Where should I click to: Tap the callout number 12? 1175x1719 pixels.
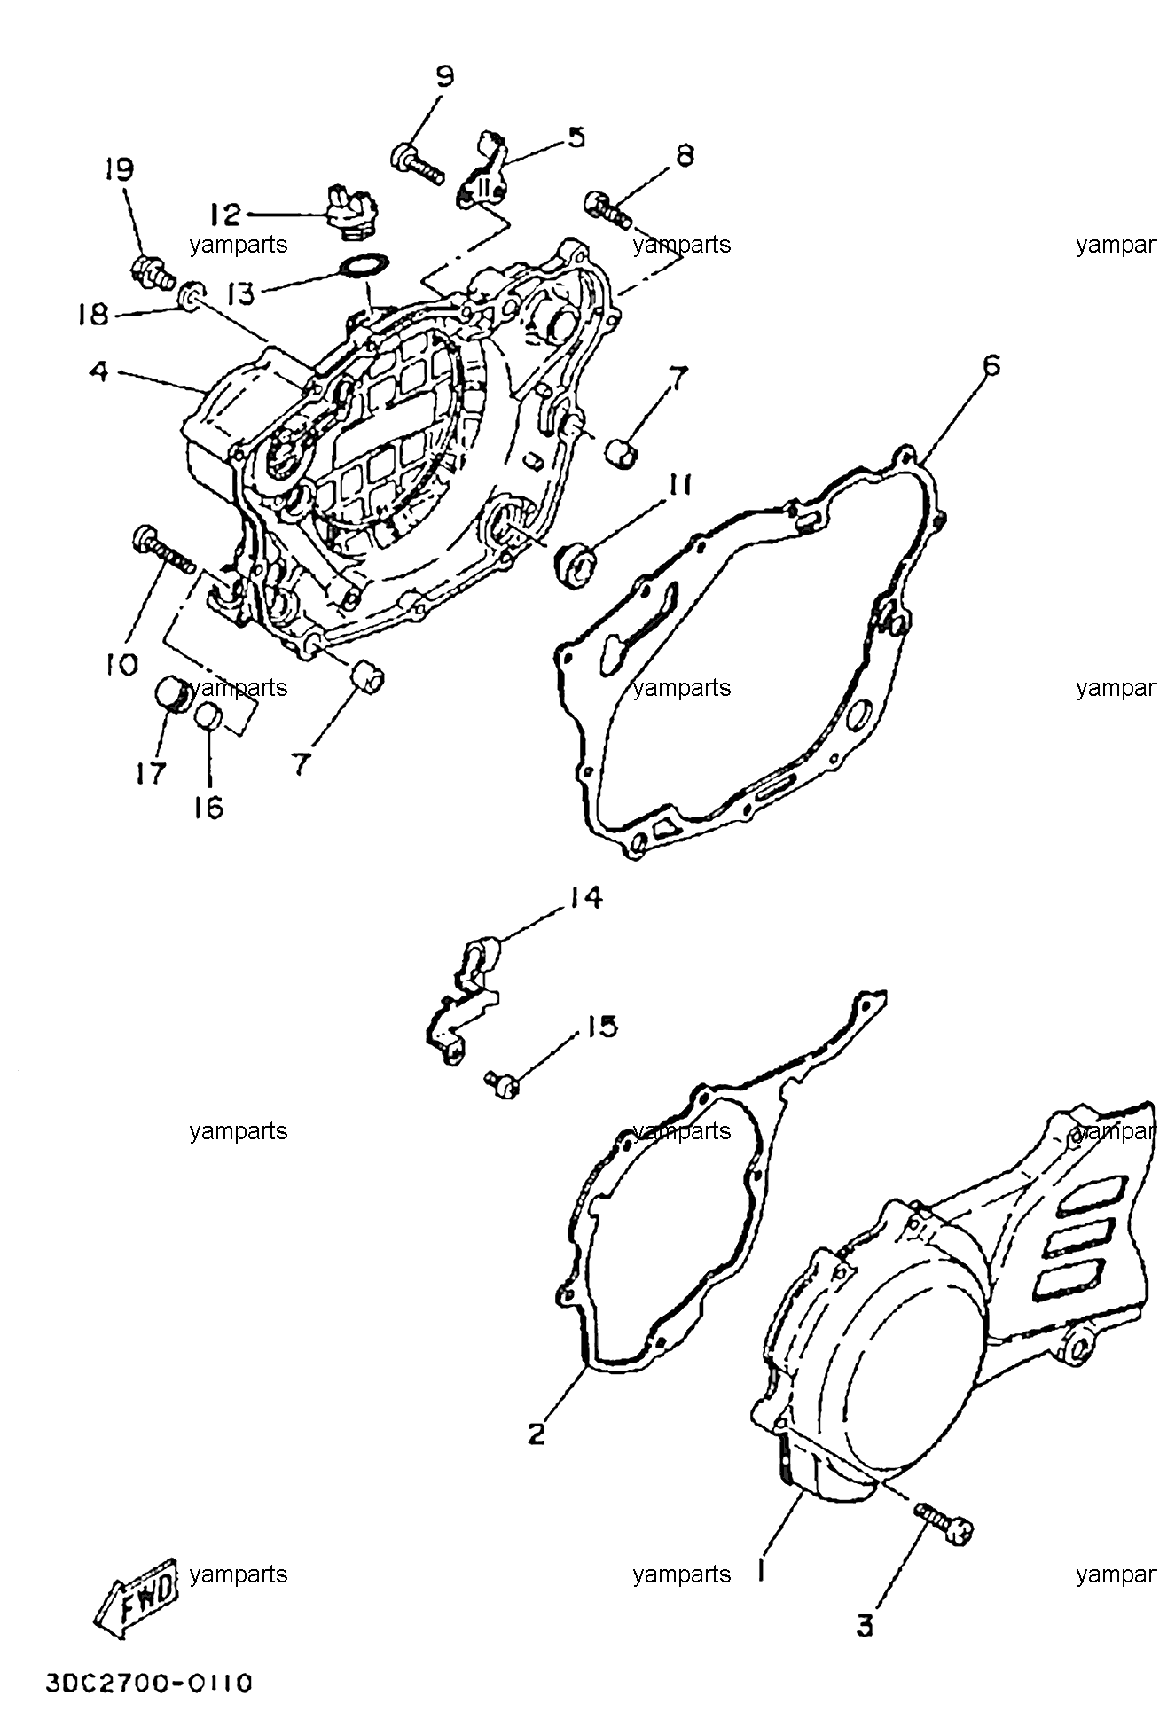point(225,215)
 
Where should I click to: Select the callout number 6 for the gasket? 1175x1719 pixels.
point(991,365)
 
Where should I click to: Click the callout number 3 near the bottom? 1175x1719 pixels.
point(865,1627)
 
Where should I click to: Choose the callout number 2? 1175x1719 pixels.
point(537,1434)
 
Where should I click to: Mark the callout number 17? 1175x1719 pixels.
point(151,773)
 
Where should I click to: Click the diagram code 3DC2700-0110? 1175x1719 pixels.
point(150,1683)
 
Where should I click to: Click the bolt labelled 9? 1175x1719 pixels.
point(415,164)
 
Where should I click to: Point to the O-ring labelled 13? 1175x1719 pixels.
point(364,265)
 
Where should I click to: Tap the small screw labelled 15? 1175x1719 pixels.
point(501,1082)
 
